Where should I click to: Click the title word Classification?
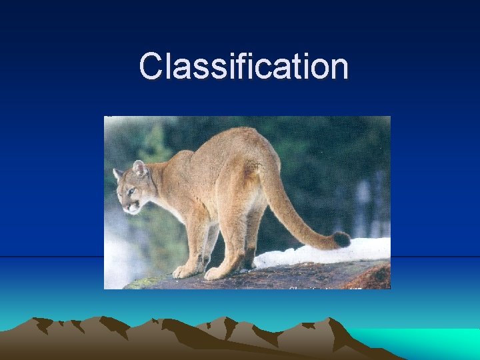[243, 67]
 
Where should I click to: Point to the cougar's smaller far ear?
[117, 174]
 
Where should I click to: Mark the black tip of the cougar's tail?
[342, 239]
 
